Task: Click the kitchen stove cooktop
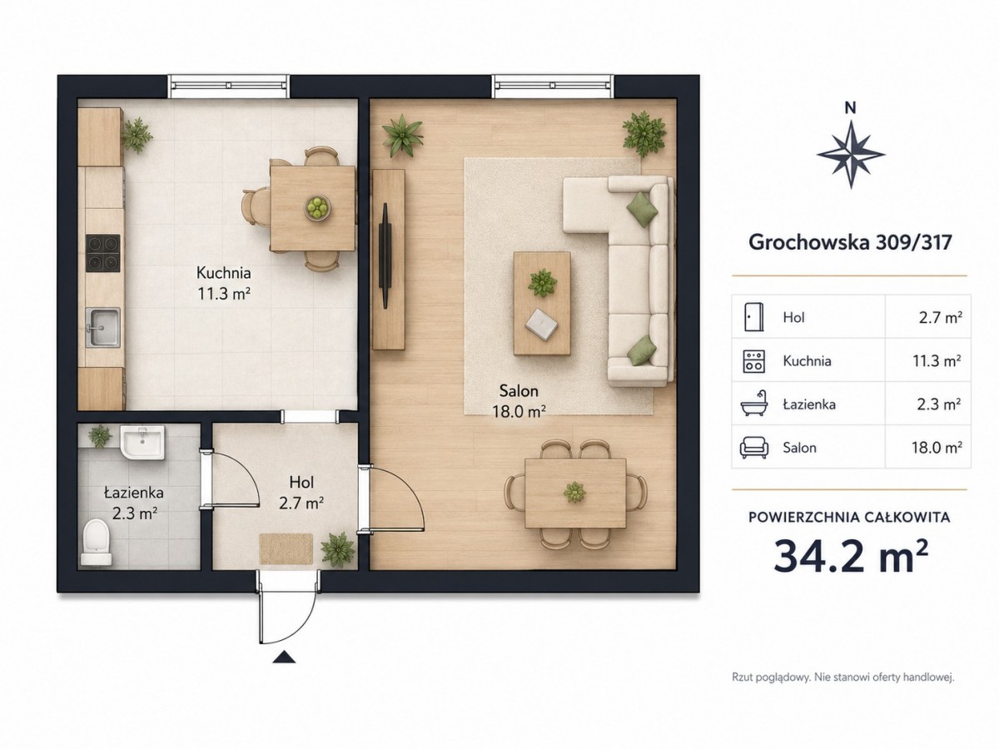click(103, 253)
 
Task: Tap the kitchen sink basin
click(103, 327)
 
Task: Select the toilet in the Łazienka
click(97, 542)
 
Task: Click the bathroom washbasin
click(142, 442)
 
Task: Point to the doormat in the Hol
click(286, 549)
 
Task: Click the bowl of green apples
click(317, 208)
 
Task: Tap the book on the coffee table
click(542, 324)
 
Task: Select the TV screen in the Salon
click(386, 256)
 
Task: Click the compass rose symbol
click(850, 154)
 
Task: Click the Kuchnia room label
click(223, 273)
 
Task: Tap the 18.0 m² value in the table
click(937, 448)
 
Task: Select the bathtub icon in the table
click(754, 404)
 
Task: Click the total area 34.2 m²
click(850, 557)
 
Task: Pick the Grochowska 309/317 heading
click(850, 242)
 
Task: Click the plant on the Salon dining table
click(574, 492)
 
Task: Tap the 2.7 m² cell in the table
click(940, 317)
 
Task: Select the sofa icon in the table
click(754, 448)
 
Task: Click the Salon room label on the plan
click(519, 390)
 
